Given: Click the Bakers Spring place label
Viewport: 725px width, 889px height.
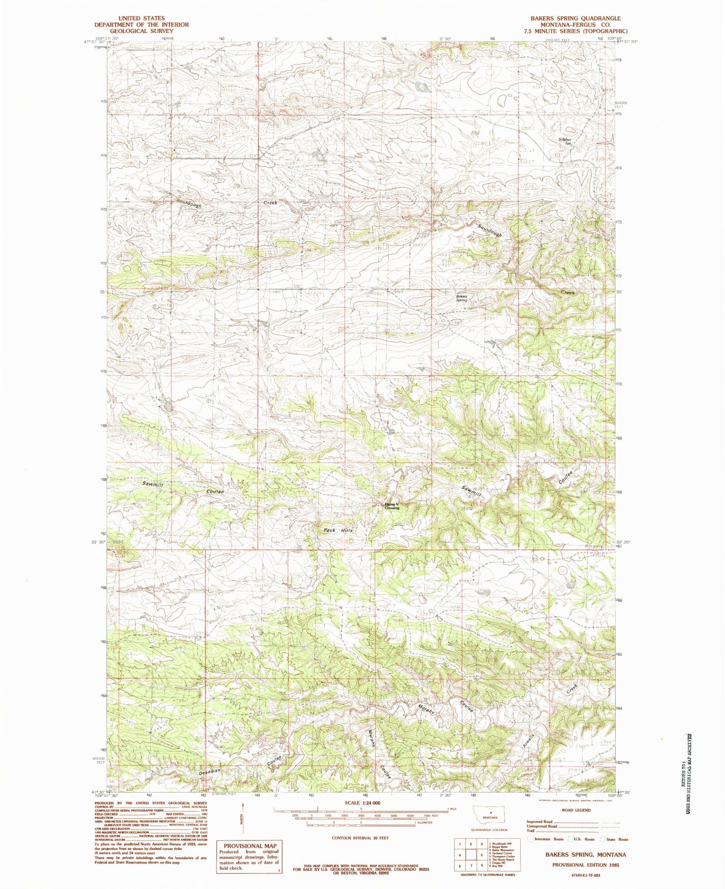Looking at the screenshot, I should [x=461, y=298].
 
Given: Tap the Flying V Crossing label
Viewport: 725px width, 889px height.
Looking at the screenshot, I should [x=392, y=506].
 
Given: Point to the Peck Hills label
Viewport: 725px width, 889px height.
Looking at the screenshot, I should [x=337, y=530].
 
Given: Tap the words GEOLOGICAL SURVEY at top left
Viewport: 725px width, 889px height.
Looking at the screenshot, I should [x=141, y=31].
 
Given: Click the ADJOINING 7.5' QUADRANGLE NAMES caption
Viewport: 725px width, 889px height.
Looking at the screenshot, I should [x=485, y=875].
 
